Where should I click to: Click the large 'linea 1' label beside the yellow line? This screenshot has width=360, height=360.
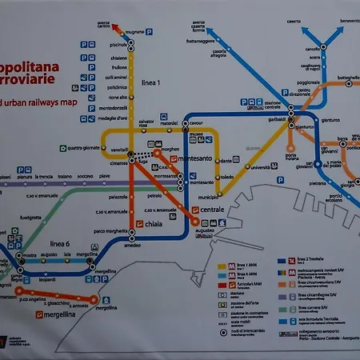point(150,83)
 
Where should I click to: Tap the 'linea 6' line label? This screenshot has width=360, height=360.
point(60,243)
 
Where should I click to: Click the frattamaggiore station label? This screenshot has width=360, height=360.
point(202,40)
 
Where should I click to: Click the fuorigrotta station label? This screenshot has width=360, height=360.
point(30,218)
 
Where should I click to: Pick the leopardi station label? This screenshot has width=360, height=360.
point(46,280)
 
